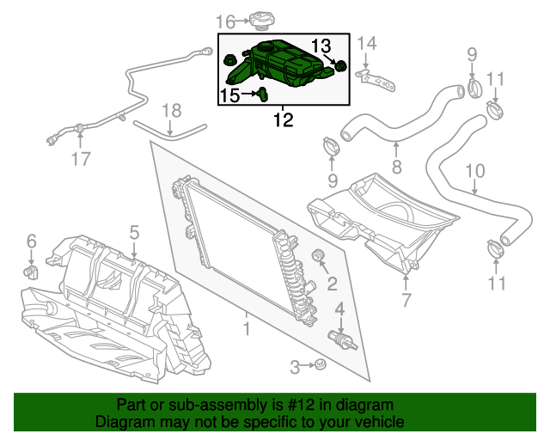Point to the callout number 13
point(320,45)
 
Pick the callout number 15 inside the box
point(230,95)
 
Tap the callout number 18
point(172,110)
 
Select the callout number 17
point(80,158)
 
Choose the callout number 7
point(406,300)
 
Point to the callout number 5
point(134,231)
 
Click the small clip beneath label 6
point(32,272)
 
